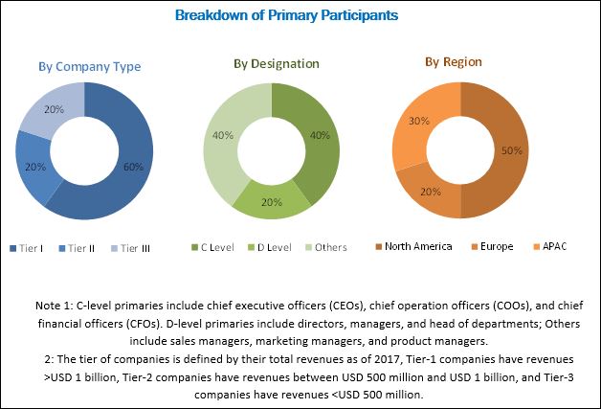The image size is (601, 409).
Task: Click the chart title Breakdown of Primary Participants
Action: tap(300, 16)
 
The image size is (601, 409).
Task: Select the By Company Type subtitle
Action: tap(89, 66)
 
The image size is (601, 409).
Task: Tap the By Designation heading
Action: tap(277, 63)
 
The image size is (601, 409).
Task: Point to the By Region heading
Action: tap(454, 62)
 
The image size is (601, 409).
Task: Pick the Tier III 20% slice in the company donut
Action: tap(53, 113)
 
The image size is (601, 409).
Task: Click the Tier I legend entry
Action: tap(29, 246)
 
